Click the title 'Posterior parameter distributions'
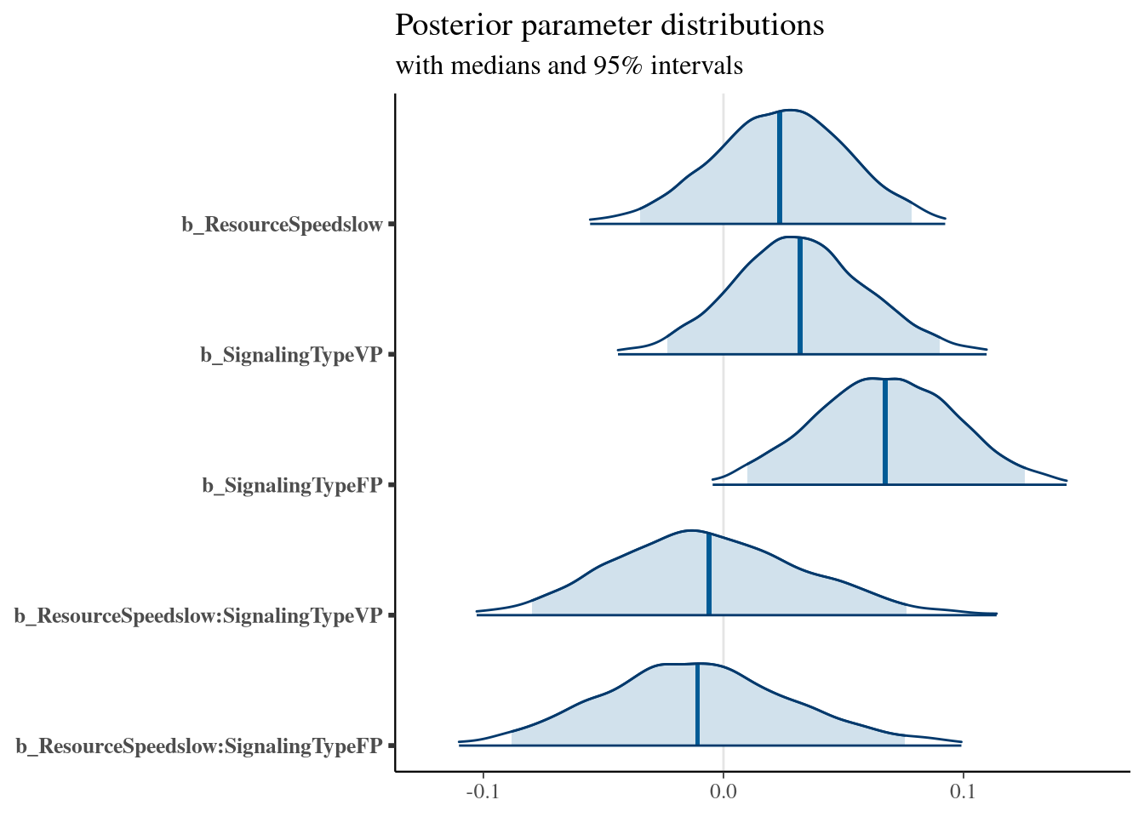[x=609, y=26]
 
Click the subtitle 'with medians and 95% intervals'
[x=569, y=66]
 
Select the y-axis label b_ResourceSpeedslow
[x=282, y=225]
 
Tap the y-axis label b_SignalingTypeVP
[x=291, y=355]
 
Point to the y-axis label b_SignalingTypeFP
[x=292, y=485]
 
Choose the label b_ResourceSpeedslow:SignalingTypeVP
[x=198, y=615]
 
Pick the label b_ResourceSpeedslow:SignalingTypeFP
[x=199, y=746]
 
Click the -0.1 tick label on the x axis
[x=483, y=791]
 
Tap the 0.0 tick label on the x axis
[x=723, y=791]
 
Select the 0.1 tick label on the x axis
[x=963, y=791]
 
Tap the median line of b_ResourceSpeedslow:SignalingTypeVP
[x=709, y=574]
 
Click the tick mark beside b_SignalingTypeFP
[x=392, y=485]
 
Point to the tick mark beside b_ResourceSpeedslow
[x=392, y=224]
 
